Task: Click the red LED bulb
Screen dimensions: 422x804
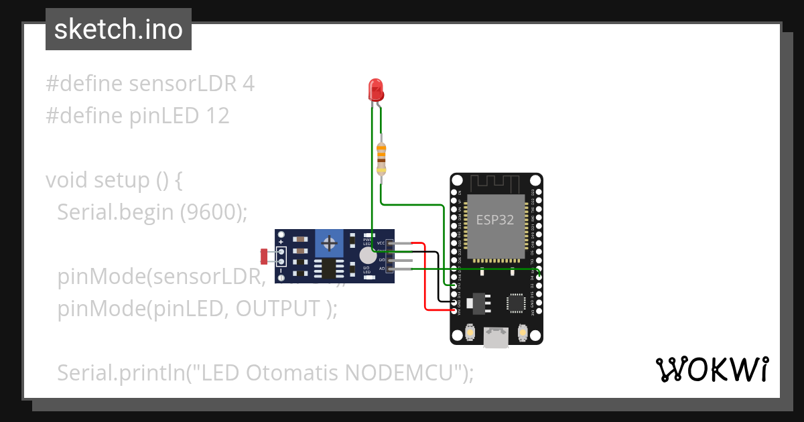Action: pyautogui.click(x=376, y=89)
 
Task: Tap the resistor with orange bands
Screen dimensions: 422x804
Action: pyautogui.click(x=381, y=158)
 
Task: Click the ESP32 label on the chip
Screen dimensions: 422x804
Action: pyautogui.click(x=495, y=220)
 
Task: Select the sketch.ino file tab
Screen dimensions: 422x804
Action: pyautogui.click(x=119, y=30)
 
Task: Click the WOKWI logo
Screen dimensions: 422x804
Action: pyautogui.click(x=711, y=369)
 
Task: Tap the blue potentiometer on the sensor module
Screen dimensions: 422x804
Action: pyautogui.click(x=329, y=242)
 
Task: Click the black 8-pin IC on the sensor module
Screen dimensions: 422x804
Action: pyautogui.click(x=329, y=269)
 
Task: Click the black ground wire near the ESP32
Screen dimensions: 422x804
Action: pyautogui.click(x=438, y=281)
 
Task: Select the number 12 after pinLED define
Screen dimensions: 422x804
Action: pyautogui.click(x=216, y=116)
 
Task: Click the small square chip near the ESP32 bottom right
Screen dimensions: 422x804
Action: pyautogui.click(x=517, y=303)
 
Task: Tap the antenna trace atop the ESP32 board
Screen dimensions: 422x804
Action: pyautogui.click(x=496, y=183)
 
